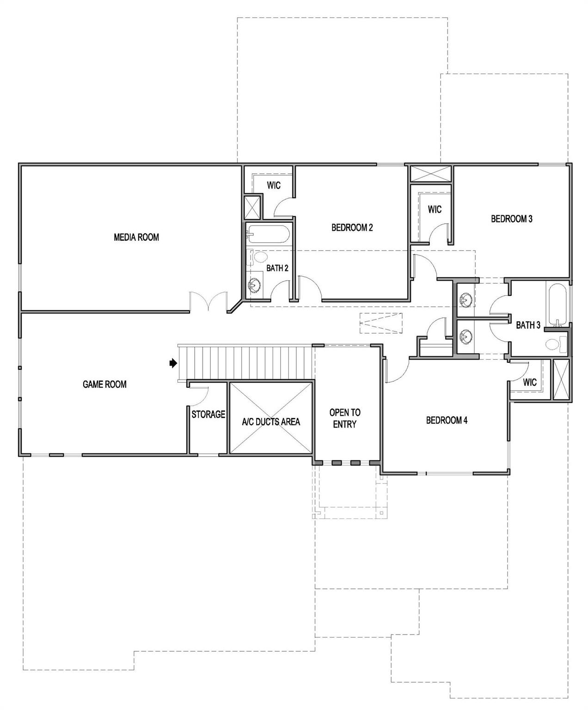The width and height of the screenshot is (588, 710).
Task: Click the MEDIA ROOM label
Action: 136,237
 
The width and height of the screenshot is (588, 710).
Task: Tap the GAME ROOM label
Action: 104,384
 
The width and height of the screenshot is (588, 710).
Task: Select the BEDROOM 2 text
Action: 352,227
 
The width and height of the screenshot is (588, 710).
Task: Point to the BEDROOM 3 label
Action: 512,219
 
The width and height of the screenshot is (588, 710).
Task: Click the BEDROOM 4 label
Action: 447,420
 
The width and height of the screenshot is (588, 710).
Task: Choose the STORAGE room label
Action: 208,415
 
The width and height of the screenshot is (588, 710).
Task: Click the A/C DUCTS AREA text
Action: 271,422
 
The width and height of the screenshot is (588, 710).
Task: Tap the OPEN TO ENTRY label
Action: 345,418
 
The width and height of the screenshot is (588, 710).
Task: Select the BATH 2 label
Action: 277,268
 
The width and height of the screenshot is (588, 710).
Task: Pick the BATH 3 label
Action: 528,325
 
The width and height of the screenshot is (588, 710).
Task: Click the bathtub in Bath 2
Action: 268,234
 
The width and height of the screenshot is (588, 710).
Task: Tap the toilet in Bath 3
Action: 555,344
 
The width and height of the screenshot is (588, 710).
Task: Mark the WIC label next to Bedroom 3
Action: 435,209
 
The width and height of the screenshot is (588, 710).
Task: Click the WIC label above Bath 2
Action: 274,185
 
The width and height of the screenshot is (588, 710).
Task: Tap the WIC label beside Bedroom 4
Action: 530,382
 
